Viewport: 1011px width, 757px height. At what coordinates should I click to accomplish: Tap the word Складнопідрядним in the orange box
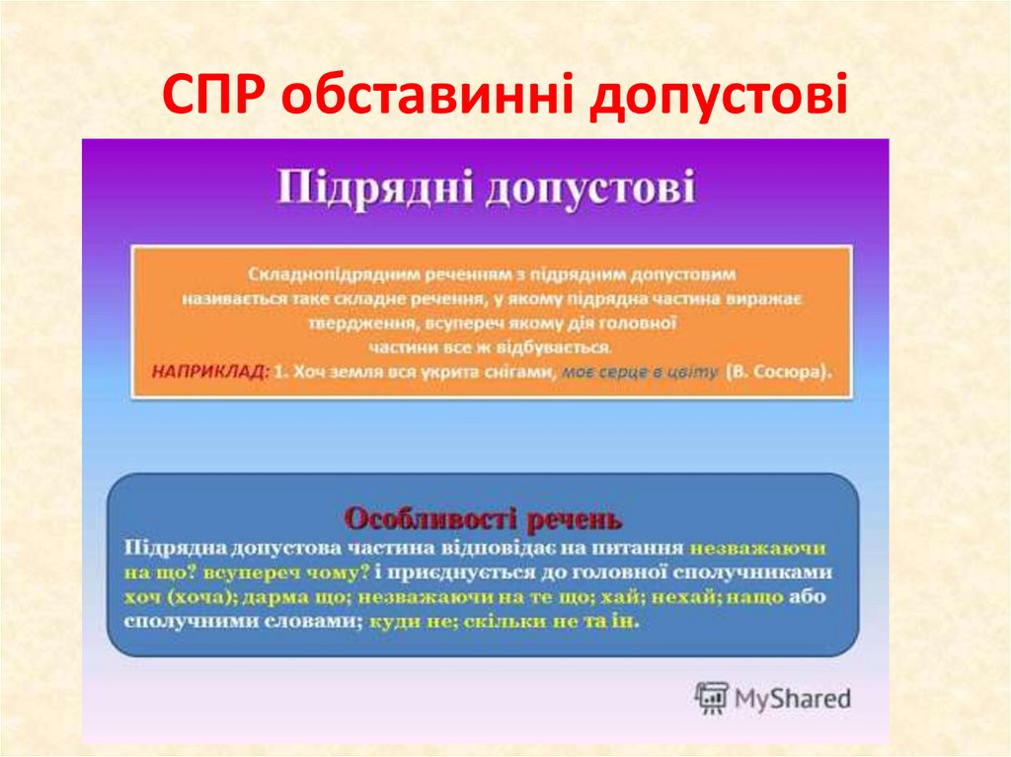click(308, 270)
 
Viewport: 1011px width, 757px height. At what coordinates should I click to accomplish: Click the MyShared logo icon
click(711, 698)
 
